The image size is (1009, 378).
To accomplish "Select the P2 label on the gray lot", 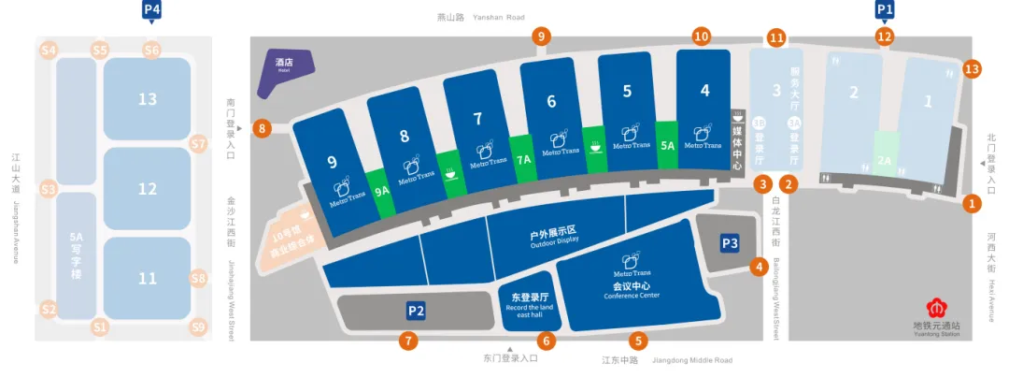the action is tap(416, 311).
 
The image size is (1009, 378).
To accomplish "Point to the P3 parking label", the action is tap(731, 242).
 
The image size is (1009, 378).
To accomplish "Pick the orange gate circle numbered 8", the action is tap(263, 128).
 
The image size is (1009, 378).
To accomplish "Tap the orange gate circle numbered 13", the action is tap(972, 68).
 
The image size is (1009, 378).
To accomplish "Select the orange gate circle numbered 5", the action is tap(637, 342).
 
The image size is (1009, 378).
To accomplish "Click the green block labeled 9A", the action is tap(381, 188).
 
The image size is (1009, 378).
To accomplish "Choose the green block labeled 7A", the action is tap(524, 160).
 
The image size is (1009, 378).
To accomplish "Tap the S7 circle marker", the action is tap(198, 144).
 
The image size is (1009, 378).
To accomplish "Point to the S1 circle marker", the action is tap(100, 327).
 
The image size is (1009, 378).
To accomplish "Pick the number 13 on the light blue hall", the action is tap(147, 98).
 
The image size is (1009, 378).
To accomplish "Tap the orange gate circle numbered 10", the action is tap(702, 36).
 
